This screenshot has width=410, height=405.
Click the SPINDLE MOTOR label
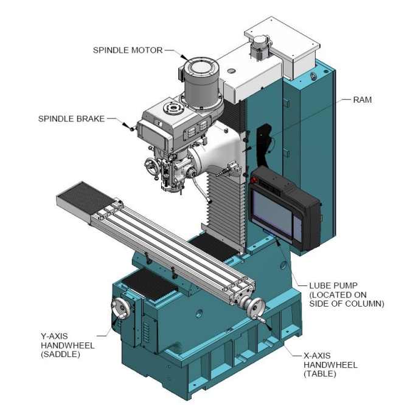coord(127,50)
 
